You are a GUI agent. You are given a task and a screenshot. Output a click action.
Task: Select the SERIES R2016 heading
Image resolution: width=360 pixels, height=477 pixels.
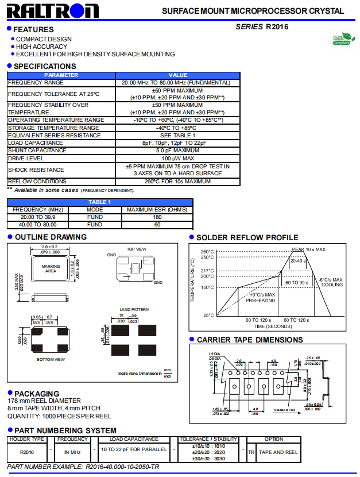point(262,26)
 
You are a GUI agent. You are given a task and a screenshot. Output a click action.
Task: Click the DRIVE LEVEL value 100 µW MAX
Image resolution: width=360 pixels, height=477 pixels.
point(177,158)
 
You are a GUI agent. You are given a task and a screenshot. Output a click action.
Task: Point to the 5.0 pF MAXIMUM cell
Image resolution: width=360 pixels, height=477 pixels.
point(177,151)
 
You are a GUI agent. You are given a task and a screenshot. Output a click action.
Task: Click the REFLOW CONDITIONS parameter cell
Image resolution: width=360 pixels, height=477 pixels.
point(37,182)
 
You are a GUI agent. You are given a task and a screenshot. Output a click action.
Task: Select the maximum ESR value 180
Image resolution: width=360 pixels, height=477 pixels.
point(157,217)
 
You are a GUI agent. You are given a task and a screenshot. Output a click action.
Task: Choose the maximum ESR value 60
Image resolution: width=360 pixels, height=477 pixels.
point(157,225)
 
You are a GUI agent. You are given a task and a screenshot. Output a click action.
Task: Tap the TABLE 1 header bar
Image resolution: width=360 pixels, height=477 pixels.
point(100,202)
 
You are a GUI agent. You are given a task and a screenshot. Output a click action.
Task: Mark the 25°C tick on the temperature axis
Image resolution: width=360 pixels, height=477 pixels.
point(208,315)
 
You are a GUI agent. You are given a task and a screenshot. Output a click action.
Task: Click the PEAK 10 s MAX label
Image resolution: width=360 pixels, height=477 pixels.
point(308,249)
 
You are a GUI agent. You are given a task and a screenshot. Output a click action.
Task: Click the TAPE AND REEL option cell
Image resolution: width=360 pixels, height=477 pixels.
point(278,452)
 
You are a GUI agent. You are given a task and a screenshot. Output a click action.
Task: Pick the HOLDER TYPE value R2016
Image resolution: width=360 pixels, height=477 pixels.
point(26,452)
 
